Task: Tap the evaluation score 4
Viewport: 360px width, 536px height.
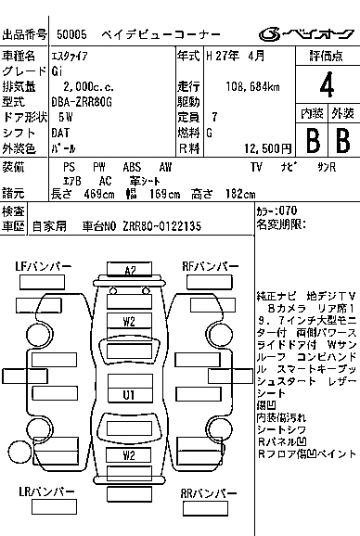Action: click(327, 87)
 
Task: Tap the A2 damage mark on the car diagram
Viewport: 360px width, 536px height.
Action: click(130, 270)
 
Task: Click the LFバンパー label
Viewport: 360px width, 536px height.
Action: click(43, 266)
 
